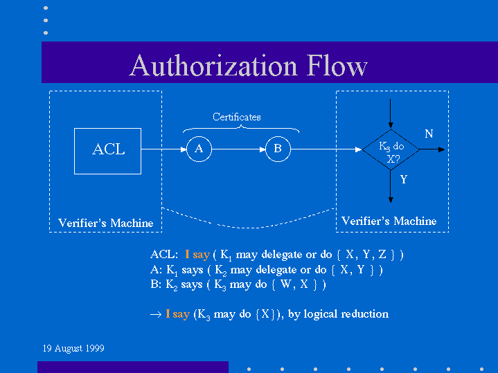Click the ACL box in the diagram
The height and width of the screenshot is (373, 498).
point(107,150)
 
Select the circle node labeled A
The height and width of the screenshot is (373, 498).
point(199,149)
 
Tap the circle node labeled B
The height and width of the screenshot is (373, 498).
point(278,149)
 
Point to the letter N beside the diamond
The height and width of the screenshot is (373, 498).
point(429,134)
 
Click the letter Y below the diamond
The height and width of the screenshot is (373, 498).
point(404,179)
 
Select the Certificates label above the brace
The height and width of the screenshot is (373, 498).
point(237,117)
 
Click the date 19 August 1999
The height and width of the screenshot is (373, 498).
point(73,348)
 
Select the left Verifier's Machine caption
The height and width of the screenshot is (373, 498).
point(105,223)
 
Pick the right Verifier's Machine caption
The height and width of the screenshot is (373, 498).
point(389,221)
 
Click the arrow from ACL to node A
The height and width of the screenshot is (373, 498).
point(163,149)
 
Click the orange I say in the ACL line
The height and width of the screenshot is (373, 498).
point(197,255)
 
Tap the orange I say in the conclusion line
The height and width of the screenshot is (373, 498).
point(177,313)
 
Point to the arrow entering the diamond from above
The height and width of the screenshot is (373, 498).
point(391,113)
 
